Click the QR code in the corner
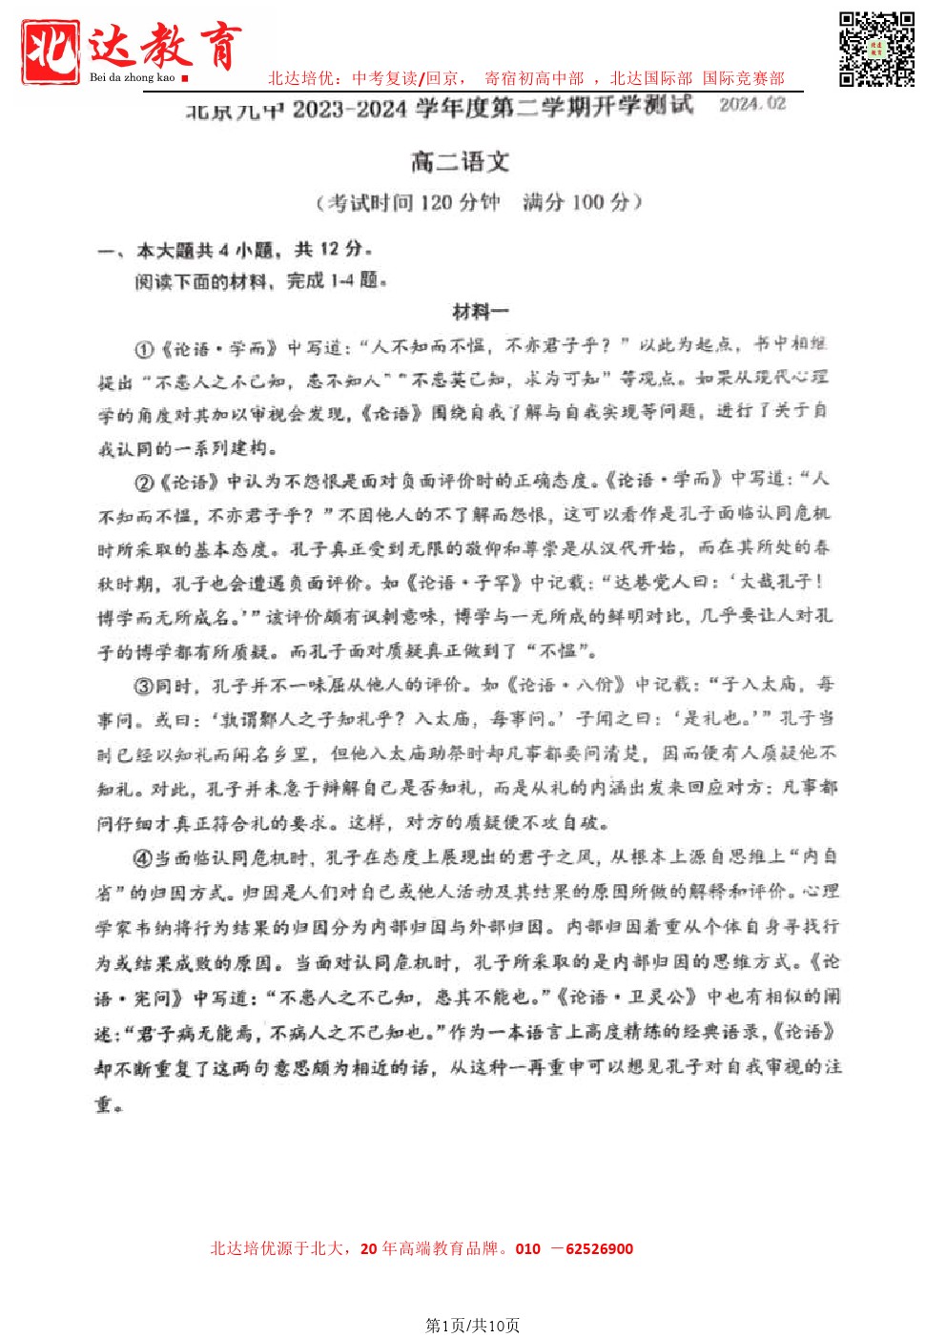876,49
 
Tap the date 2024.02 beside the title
752,104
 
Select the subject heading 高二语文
460,161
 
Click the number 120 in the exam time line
435,202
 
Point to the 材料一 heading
481,312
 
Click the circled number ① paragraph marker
144,349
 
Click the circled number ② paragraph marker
144,483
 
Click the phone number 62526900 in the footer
599,1248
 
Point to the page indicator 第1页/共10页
472,1325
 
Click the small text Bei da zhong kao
133,77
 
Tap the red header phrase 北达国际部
650,78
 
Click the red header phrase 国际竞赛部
743,78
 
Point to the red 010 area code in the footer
527,1248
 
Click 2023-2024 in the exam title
350,109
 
